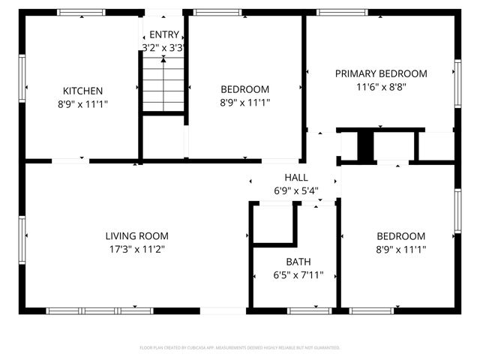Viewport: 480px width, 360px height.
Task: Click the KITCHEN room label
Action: pos(82,91)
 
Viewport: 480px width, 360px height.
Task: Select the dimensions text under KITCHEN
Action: pos(82,104)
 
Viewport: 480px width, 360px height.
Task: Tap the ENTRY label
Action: pos(164,34)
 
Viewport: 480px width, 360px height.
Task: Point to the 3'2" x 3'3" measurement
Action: pos(164,47)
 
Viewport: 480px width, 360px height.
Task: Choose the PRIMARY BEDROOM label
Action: pos(381,73)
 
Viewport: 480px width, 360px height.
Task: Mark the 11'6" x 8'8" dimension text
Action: pos(381,87)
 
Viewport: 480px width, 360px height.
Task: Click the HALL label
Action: pos(295,177)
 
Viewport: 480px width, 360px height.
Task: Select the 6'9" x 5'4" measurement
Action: pos(295,190)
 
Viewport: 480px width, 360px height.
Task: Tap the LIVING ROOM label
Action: pos(136,235)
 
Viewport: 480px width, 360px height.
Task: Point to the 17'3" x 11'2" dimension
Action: pos(136,249)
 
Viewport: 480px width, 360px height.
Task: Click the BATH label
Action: pos(298,262)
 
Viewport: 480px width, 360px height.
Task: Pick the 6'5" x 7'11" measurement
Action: pos(298,275)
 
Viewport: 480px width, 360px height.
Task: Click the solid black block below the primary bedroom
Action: pos(365,145)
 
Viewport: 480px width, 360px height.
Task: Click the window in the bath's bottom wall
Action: pos(309,310)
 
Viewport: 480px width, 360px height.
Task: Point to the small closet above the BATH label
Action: pos(272,223)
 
